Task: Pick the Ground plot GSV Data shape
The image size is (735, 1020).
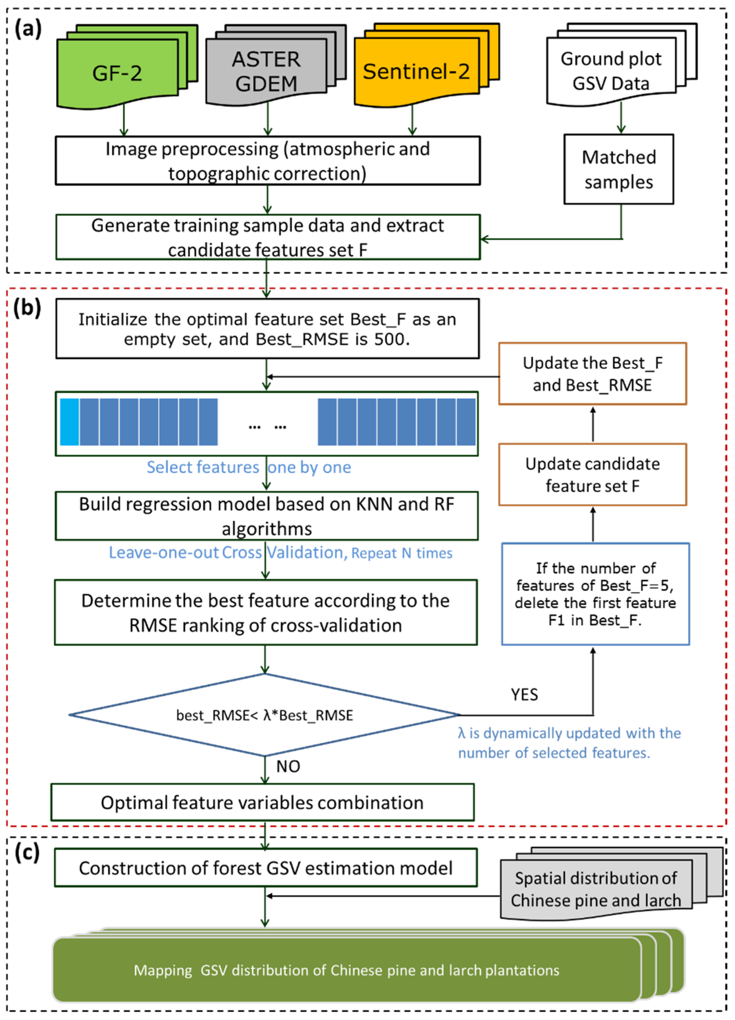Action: [610, 71]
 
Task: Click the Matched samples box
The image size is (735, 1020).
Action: [619, 170]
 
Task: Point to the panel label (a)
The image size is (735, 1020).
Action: [28, 29]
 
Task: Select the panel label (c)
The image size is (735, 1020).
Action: [27, 852]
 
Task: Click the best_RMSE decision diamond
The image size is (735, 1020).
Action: [264, 715]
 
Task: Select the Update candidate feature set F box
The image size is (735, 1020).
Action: [592, 474]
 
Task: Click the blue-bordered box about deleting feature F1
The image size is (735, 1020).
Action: [595, 594]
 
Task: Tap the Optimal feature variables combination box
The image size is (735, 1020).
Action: [262, 802]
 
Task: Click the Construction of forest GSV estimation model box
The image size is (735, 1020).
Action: [265, 868]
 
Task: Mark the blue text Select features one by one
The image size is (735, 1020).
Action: [249, 467]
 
